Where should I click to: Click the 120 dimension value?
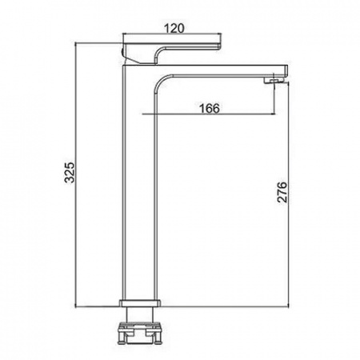pos(174,28)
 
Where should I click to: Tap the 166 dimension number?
pos(210,108)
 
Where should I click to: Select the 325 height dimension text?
pos(70,172)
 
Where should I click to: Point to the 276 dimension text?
pos(282,192)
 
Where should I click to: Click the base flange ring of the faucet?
pos(140,303)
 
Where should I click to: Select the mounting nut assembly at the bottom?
pos(140,333)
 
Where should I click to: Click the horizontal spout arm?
pos(222,70)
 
